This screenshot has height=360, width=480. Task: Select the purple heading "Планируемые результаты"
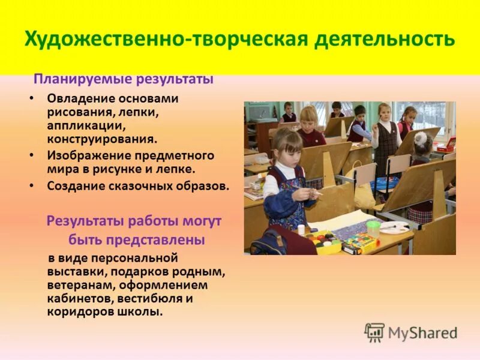124,79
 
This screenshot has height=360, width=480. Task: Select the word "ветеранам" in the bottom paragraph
74,285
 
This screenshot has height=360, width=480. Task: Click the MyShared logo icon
375,332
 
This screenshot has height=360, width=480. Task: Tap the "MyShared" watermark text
422,332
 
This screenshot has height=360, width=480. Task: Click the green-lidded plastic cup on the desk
373,229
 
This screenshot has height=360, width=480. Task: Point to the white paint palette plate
394,228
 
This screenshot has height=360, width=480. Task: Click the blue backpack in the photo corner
267,242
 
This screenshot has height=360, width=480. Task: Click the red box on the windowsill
446,145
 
